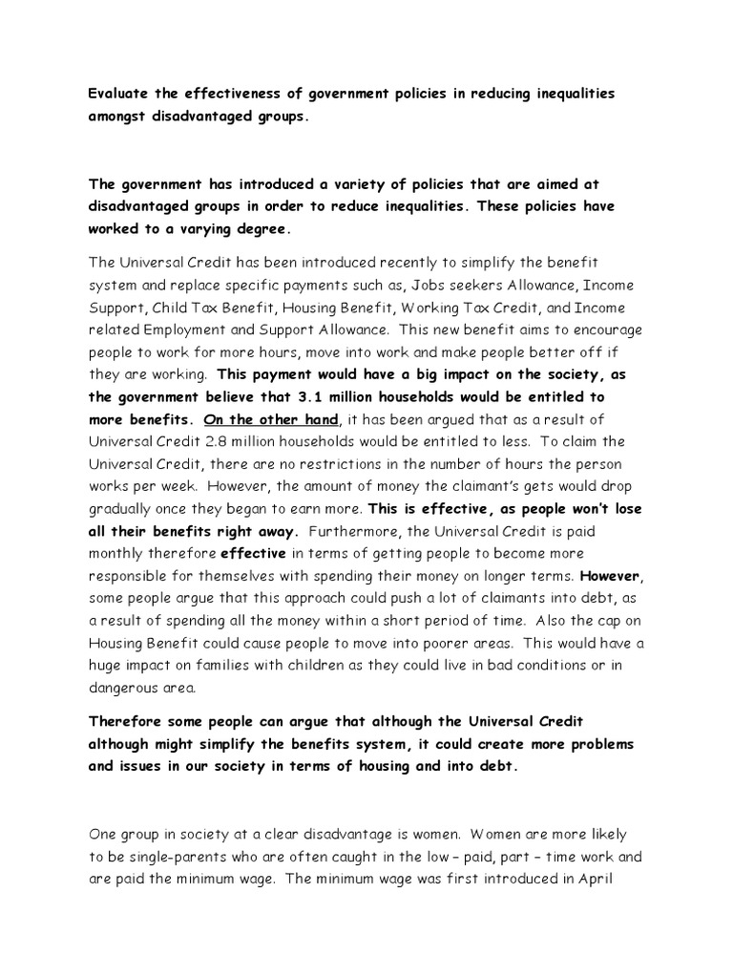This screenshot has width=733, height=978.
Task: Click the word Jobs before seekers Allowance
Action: click(x=406, y=286)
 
